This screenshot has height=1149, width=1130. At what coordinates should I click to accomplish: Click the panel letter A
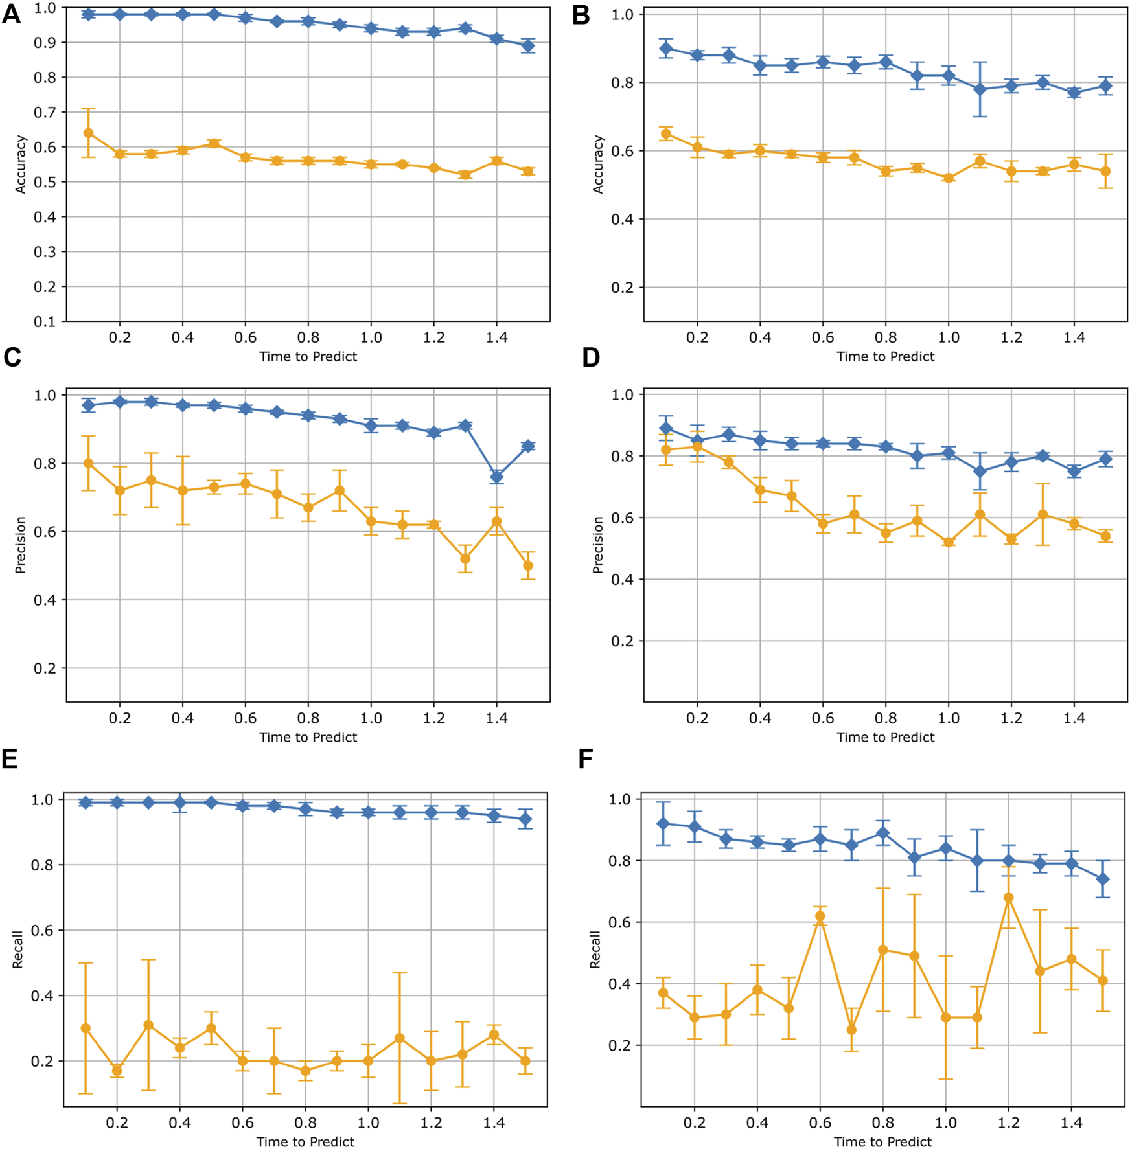tap(11, 14)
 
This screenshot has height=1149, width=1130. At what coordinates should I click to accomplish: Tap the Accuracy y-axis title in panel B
tap(598, 165)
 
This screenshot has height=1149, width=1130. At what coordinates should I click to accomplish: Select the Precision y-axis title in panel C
tap(20, 545)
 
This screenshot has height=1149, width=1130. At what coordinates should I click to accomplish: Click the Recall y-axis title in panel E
tap(17, 950)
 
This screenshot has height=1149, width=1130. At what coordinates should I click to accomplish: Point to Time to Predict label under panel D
tap(885, 737)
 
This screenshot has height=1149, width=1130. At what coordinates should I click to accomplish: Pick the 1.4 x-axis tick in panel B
tap(1074, 337)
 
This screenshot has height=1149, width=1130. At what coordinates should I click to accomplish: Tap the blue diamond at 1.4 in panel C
tap(496, 477)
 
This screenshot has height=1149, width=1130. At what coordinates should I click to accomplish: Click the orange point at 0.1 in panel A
tap(89, 133)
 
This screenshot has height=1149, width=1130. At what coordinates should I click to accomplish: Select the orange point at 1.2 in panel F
tap(1008, 898)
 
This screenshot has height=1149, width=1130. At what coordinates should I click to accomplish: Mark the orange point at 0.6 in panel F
tap(820, 916)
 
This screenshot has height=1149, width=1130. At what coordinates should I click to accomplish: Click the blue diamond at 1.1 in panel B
tap(980, 89)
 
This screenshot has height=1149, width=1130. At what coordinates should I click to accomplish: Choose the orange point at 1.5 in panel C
tap(528, 565)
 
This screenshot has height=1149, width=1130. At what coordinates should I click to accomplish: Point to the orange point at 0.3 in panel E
tap(148, 1025)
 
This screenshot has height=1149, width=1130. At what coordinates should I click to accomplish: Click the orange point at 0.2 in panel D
tap(697, 447)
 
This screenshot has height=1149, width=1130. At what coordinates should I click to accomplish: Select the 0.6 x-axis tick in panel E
tap(243, 1122)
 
